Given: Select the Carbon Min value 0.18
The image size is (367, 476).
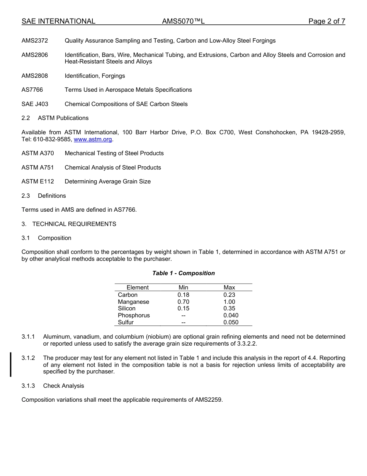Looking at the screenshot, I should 183,295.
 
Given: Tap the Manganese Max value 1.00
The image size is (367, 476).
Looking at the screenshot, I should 229,302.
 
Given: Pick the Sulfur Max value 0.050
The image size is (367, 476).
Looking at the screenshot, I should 231,322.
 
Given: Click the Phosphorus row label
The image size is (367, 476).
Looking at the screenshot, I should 134,315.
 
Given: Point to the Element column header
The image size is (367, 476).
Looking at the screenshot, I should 138,288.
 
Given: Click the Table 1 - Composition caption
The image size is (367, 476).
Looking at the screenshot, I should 183,273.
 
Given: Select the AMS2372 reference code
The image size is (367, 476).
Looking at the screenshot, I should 35,41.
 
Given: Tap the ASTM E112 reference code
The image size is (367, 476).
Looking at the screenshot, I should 38,181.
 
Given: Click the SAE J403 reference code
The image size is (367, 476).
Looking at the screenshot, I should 35,104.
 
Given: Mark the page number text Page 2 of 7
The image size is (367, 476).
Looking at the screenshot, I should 326,22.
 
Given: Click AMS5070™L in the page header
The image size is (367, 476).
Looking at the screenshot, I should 183,22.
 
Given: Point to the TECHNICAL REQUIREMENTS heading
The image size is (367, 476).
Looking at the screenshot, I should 74,224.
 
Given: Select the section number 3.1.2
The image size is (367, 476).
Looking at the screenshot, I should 28,358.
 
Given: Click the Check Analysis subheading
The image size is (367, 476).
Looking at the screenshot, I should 63,386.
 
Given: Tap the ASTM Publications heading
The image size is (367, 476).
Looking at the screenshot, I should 63,118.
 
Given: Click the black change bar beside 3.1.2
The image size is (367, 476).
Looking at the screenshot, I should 11,365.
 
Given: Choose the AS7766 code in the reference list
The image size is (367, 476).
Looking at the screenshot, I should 32,90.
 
